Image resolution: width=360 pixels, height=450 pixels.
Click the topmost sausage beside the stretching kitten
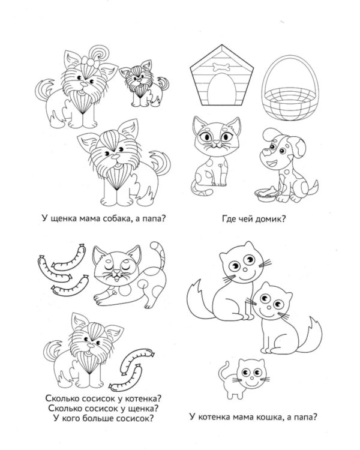[69, 259]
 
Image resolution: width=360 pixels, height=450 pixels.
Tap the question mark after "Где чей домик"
[283, 219]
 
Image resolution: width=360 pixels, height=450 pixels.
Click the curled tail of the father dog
[160, 162]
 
